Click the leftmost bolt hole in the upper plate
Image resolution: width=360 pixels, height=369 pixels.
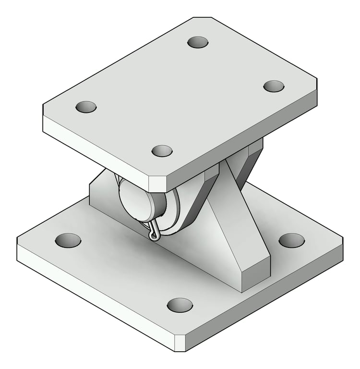[x=86, y=107]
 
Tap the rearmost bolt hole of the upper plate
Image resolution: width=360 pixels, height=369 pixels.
[x=198, y=42]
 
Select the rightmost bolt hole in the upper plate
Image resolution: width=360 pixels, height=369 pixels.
[x=274, y=86]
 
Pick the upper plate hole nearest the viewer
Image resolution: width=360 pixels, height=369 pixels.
[x=162, y=150]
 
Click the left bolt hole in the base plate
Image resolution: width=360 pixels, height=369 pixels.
[x=68, y=240]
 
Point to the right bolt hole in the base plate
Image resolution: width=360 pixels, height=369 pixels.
[x=291, y=240]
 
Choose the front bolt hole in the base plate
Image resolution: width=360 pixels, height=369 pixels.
[x=180, y=305]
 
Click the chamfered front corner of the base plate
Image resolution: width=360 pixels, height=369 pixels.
[x=180, y=342]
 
